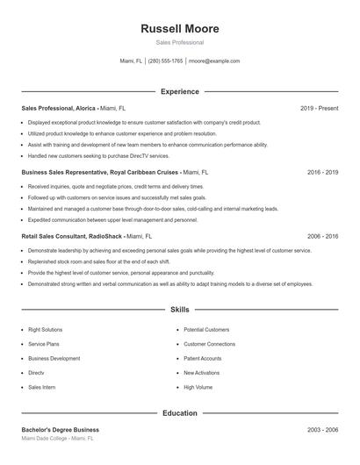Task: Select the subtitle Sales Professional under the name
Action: (x=179, y=42)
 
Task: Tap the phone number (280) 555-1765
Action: (x=165, y=61)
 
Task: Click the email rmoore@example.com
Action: (x=214, y=61)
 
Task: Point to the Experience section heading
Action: (x=179, y=91)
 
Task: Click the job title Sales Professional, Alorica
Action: (x=60, y=108)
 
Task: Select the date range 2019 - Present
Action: (x=319, y=108)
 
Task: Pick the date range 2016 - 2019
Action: (x=322, y=173)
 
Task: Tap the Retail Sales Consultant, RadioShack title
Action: (x=72, y=237)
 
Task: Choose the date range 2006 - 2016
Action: (x=322, y=237)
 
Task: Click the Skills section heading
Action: (x=179, y=310)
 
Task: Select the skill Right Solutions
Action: (x=45, y=330)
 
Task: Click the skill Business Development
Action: (x=54, y=358)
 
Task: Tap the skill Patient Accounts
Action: (x=202, y=358)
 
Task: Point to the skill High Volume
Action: (x=198, y=386)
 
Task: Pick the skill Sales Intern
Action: (x=41, y=386)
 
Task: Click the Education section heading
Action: (x=179, y=412)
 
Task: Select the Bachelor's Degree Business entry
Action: (x=60, y=430)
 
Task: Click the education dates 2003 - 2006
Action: (x=322, y=430)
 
